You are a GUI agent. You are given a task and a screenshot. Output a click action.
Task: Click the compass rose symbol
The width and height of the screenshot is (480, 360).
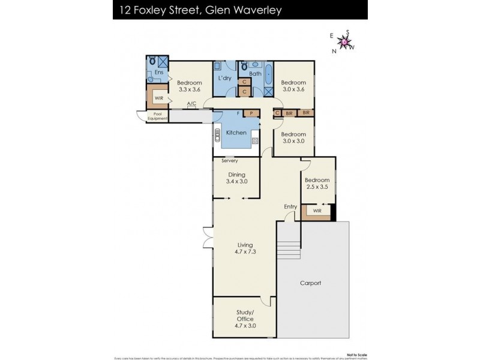[344, 41]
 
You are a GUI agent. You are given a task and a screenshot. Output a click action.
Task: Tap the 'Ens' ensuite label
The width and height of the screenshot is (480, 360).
[158, 73]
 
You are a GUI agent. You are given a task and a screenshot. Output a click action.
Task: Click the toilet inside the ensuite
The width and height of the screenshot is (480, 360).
[152, 61]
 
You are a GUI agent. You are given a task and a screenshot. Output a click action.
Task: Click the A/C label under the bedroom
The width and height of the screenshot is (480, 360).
[191, 104]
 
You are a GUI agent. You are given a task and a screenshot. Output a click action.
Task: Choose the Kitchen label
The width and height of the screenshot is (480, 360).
[236, 132]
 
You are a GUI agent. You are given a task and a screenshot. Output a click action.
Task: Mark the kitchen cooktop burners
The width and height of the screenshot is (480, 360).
[255, 140]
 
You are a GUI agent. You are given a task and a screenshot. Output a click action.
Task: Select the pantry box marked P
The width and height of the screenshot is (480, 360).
[251, 113]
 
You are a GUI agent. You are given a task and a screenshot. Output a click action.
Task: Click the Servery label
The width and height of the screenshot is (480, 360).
[230, 161]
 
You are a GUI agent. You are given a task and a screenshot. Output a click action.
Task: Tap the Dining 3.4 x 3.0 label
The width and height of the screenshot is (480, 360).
[236, 178]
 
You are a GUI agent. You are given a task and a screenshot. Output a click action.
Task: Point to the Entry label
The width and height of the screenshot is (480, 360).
[290, 207]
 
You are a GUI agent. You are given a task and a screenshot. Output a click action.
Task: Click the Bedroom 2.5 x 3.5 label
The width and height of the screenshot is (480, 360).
[317, 184]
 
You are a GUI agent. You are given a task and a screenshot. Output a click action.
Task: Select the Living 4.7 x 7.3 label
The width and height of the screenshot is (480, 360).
[245, 248]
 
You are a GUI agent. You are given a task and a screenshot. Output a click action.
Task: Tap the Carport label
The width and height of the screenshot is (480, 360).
[310, 283]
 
